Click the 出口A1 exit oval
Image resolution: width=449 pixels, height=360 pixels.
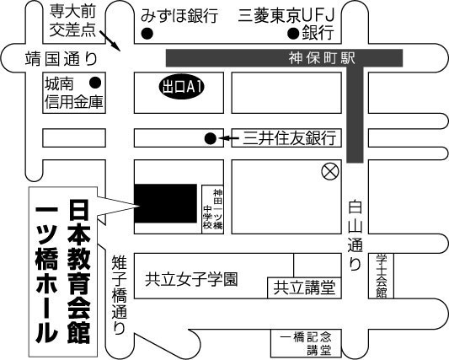tap(182, 87)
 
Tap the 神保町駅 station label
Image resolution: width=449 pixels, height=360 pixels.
tap(322, 58)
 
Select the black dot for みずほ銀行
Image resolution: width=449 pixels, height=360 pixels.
tap(147, 34)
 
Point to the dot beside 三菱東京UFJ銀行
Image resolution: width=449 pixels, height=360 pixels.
tap(293, 34)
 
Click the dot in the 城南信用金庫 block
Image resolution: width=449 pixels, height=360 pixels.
tap(95, 83)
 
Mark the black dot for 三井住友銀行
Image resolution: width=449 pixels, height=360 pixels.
tap(211, 139)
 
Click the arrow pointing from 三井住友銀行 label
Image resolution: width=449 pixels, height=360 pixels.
tap(228, 139)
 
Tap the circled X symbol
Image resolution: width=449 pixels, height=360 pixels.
tap(330, 172)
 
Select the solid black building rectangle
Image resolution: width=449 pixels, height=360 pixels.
tap(165, 203)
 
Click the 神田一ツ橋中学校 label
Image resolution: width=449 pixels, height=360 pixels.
tap(213, 208)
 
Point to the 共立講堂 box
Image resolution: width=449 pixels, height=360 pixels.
tap(304, 287)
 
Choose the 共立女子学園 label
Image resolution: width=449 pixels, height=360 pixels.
tap(191, 279)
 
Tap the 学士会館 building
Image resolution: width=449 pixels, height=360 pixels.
tap(381, 276)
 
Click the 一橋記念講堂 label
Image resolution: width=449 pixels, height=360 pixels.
tap(306, 344)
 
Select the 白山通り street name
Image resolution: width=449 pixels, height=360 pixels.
tap(355, 235)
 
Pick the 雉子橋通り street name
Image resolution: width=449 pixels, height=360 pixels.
tap(119, 295)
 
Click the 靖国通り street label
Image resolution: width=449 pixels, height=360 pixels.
tap(61, 58)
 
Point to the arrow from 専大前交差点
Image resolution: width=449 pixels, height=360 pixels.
tap(110, 40)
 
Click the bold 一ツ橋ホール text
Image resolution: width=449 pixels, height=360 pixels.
tap(46, 274)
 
